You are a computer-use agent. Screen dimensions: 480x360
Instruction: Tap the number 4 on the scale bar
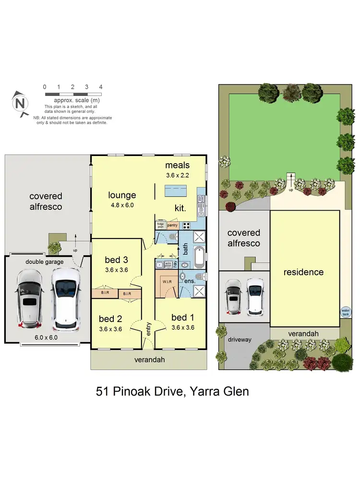pos(100,87)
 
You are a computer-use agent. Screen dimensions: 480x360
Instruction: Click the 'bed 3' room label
pos(116,260)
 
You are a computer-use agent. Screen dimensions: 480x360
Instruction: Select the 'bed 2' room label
pos(110,319)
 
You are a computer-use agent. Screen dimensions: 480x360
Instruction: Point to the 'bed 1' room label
pos(183,317)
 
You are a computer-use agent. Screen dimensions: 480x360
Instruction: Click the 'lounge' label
pos(122,195)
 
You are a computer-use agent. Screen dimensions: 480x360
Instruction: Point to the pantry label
pos(172,225)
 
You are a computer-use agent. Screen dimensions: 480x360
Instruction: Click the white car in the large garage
pos(65,299)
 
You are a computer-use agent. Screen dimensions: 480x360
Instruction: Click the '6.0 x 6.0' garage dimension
pos(46,337)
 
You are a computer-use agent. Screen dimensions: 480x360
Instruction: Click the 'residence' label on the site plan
pos(303,272)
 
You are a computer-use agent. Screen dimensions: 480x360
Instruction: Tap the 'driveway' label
pos(240,339)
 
